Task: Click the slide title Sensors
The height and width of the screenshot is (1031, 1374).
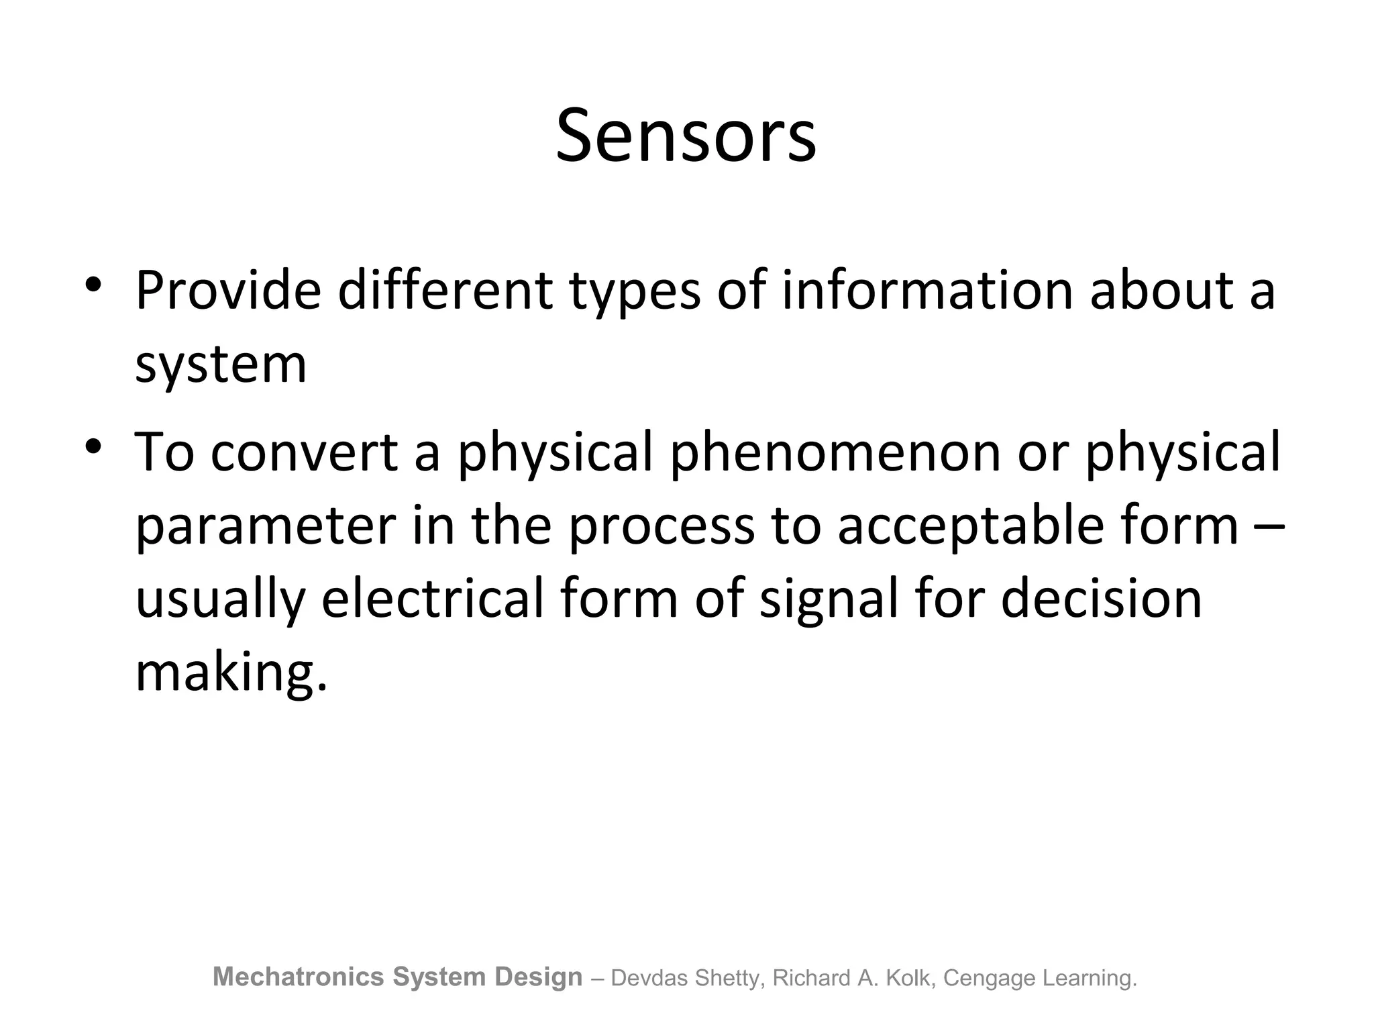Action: click(686, 136)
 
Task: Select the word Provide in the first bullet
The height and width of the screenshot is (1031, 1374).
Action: click(228, 291)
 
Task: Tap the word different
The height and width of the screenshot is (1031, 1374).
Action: click(445, 291)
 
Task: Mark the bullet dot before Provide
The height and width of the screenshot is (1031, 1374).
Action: click(93, 285)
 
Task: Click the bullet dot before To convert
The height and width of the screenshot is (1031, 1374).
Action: click(93, 446)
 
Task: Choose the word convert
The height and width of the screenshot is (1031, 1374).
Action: click(304, 452)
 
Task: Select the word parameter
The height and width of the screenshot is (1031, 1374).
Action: click(266, 526)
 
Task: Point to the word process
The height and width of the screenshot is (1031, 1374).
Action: click(662, 526)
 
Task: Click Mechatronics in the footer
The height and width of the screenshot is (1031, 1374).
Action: click(299, 977)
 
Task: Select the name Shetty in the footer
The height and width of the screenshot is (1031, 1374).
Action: click(729, 979)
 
